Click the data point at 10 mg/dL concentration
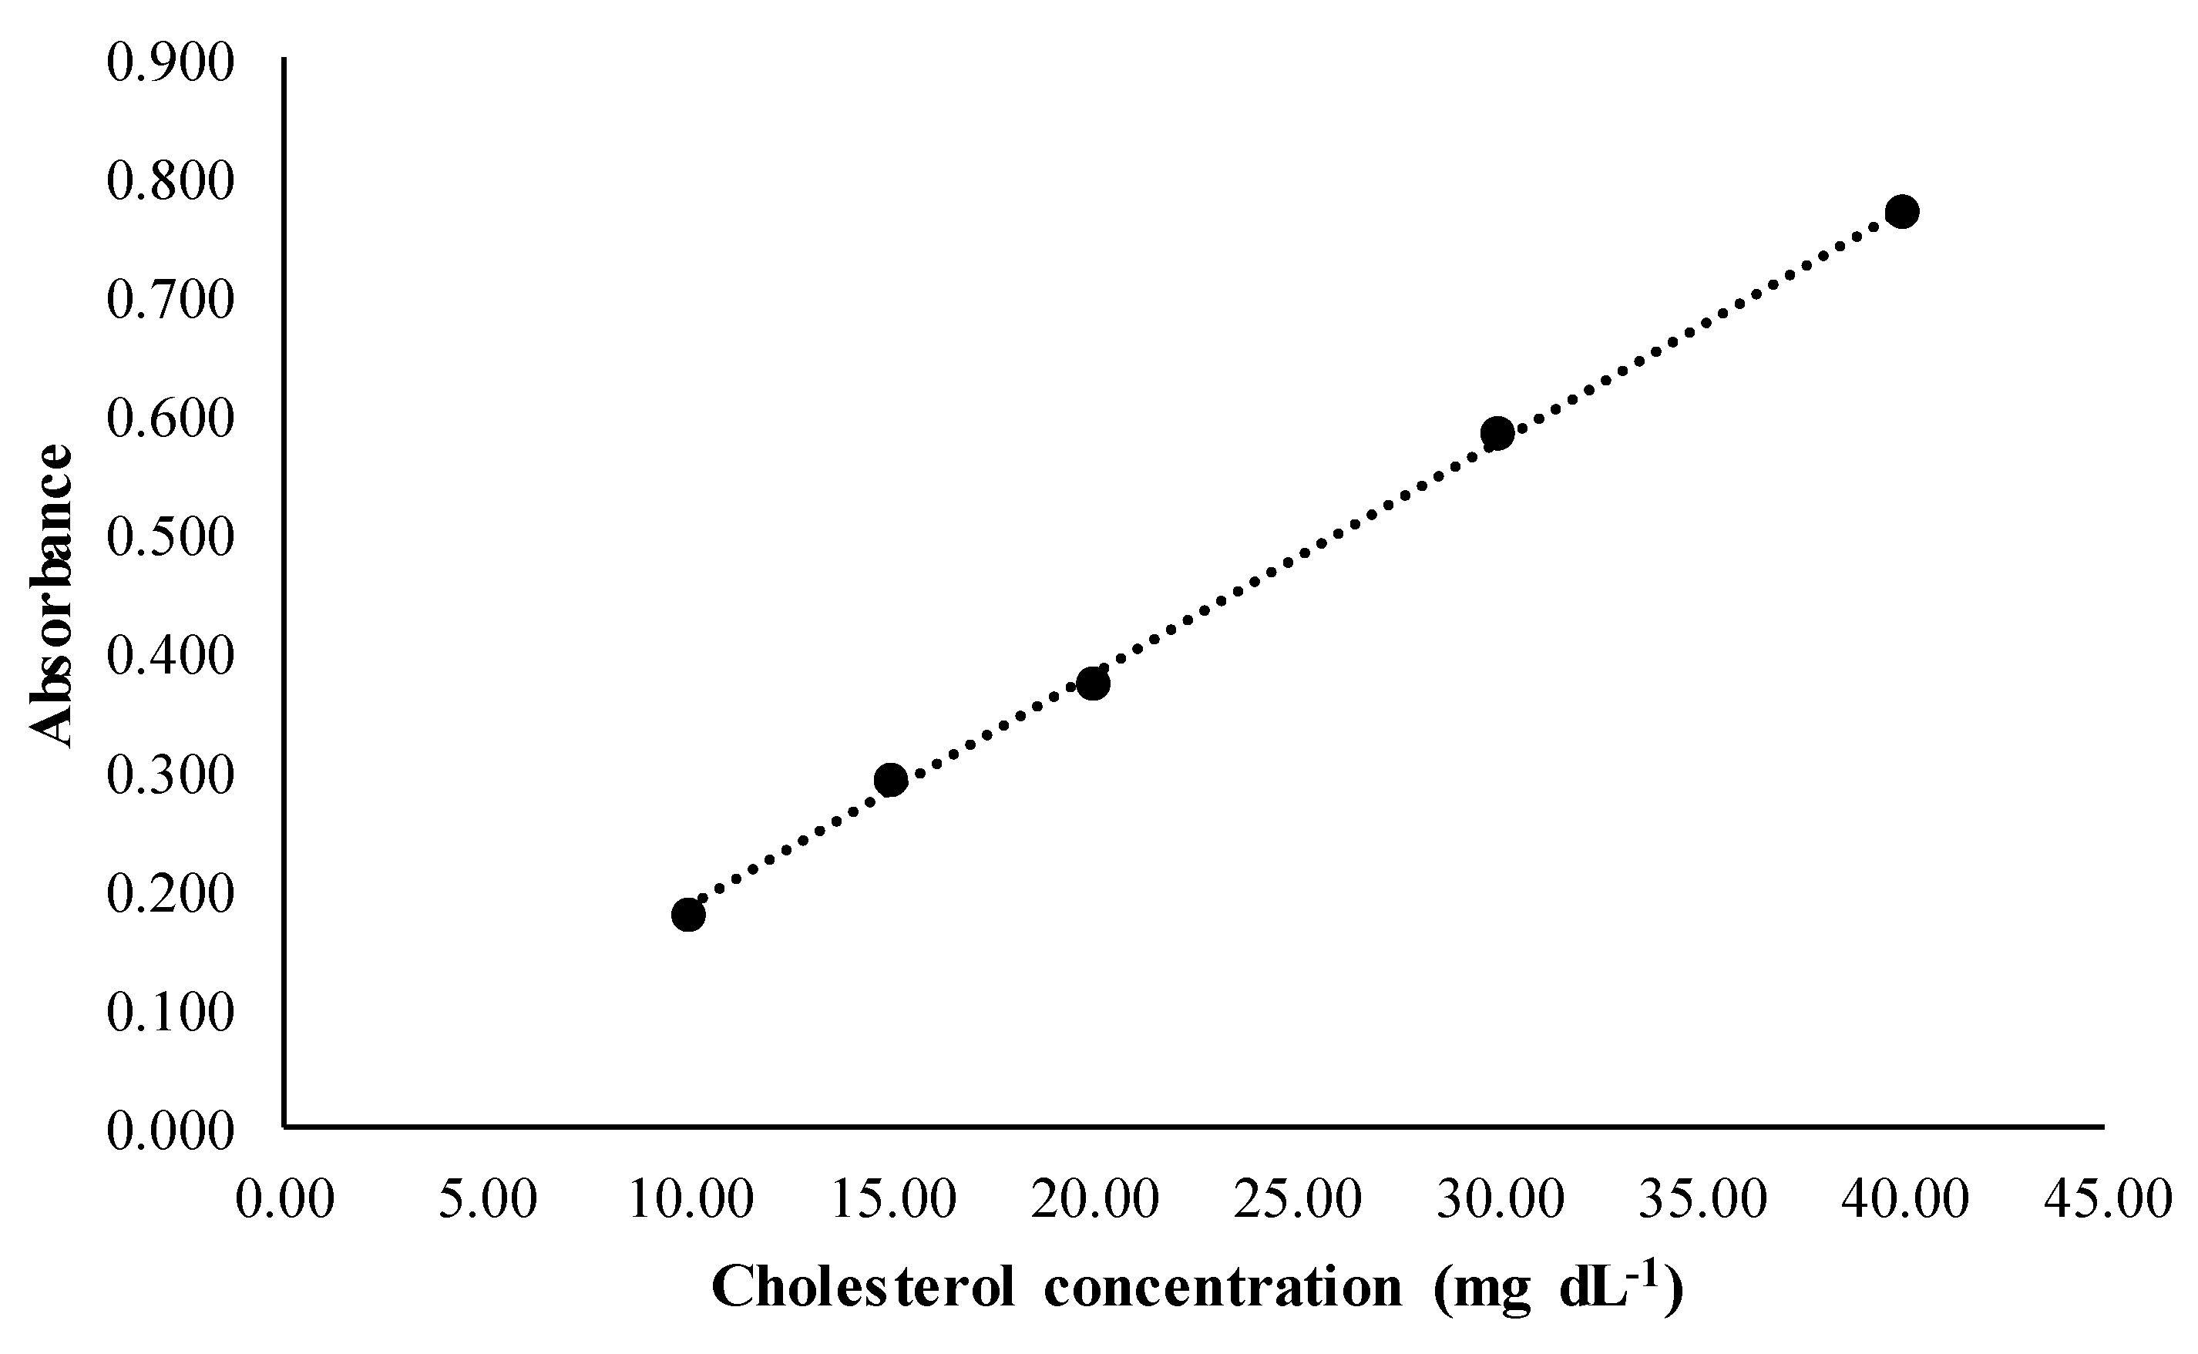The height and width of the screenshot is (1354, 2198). pos(687,914)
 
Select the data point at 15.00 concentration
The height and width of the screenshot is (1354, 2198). pos(890,780)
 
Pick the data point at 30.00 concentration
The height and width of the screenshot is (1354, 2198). pos(1497,433)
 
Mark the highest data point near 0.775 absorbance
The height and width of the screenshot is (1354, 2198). pos(1901,211)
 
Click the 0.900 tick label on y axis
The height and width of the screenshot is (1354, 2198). pos(170,64)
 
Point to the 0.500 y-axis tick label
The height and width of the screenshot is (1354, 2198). pos(170,538)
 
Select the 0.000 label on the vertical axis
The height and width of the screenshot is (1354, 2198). pos(170,1131)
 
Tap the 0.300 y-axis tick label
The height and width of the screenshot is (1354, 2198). pos(170,775)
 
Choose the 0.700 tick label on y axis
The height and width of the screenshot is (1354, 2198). pos(170,300)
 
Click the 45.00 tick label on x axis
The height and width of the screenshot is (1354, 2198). pos(2109,1198)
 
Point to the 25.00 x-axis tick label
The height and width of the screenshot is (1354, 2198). pos(1297,1198)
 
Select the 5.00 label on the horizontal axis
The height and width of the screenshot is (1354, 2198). pos(488,1198)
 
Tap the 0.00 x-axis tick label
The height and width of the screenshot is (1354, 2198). pos(284,1198)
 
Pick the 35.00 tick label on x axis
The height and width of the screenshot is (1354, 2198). pos(1703,1198)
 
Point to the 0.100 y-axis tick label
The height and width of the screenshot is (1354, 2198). pos(170,1013)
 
